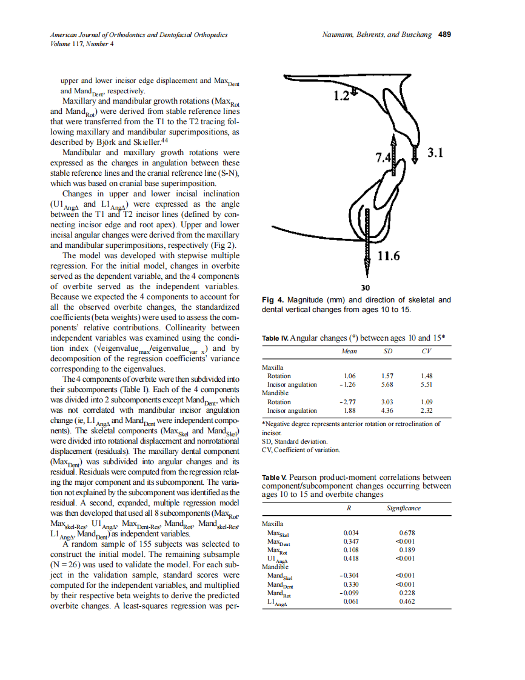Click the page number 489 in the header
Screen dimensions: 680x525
click(x=444, y=35)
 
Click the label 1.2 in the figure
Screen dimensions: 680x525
click(x=341, y=96)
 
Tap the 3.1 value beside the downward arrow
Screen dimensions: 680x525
click(x=435, y=153)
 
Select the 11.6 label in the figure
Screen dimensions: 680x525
click(x=389, y=256)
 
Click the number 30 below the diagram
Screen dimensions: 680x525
click(x=365, y=287)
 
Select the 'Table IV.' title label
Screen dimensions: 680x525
click(x=275, y=338)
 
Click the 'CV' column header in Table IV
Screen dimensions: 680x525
click(x=427, y=352)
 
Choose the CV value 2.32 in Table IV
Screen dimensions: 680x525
click(x=427, y=410)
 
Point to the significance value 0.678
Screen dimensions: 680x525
click(x=407, y=533)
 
